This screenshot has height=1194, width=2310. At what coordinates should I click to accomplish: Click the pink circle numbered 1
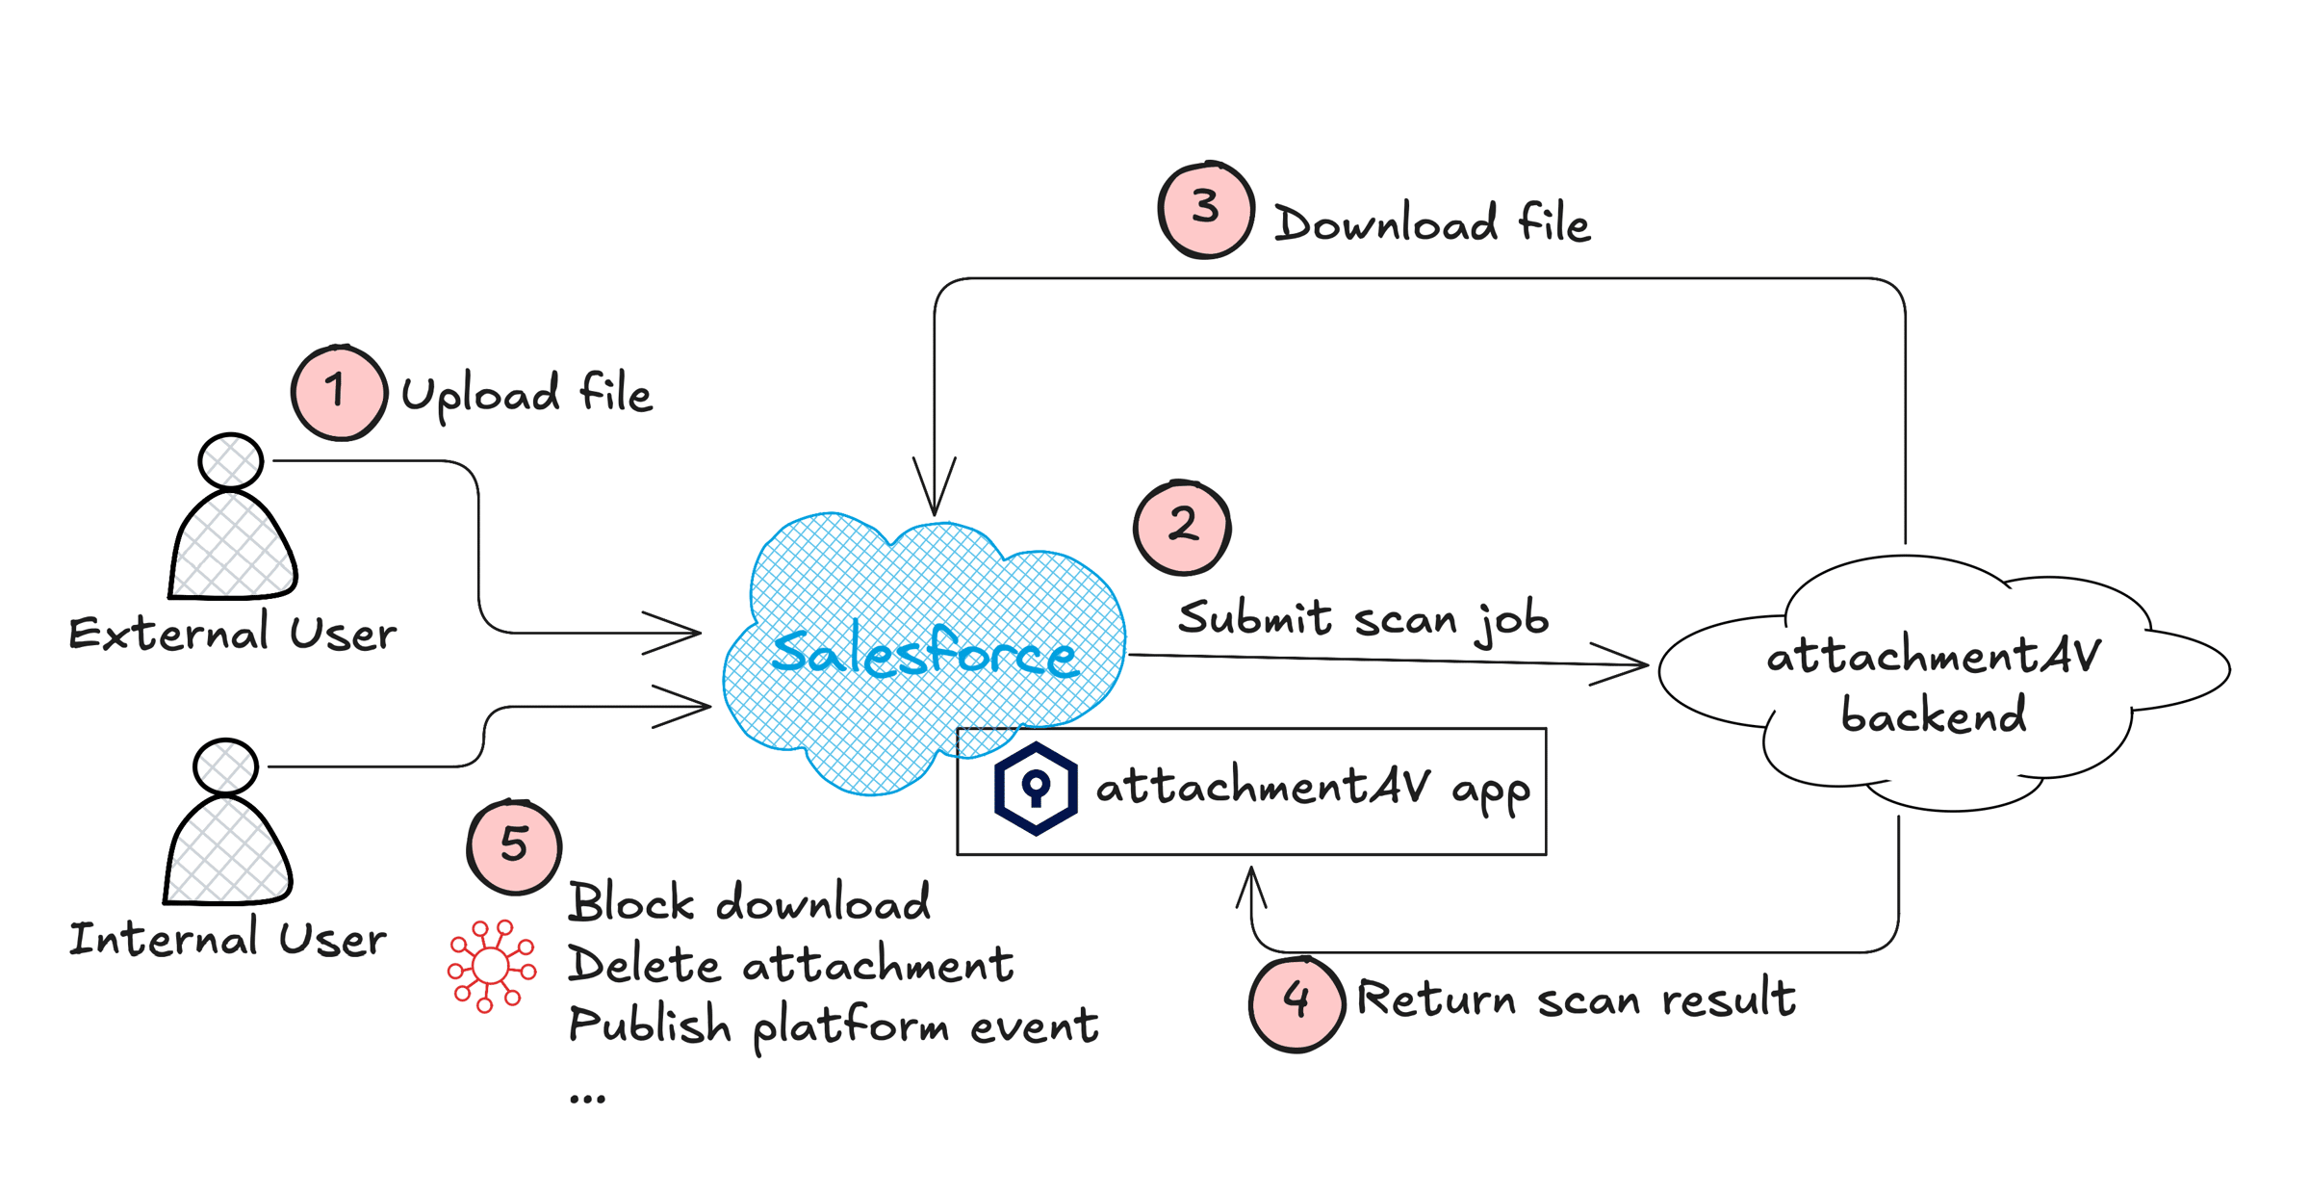pyautogui.click(x=339, y=393)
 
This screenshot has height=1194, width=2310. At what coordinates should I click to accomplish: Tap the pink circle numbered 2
pyautogui.click(x=1182, y=527)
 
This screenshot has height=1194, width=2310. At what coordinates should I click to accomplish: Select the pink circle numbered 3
pyautogui.click(x=1205, y=209)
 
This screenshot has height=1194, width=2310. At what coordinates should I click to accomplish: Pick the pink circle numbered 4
pyautogui.click(x=1296, y=1002)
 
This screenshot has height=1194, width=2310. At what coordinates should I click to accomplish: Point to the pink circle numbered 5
pyautogui.click(x=514, y=846)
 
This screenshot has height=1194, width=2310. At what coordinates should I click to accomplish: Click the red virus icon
pyautogui.click(x=491, y=966)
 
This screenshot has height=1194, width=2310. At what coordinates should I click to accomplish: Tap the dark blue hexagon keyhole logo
pyautogui.click(x=1035, y=788)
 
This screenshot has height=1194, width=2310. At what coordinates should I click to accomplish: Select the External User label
pyautogui.click(x=232, y=634)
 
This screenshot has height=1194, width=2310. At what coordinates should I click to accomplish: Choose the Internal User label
pyautogui.click(x=227, y=938)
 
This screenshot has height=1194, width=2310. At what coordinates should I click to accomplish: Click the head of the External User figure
pyautogui.click(x=230, y=461)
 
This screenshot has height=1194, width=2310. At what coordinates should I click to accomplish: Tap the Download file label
pyautogui.click(x=1432, y=223)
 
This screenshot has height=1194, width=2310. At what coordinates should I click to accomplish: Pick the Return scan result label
pyautogui.click(x=1576, y=998)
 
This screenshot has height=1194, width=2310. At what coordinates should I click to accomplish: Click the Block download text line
pyautogui.click(x=749, y=902)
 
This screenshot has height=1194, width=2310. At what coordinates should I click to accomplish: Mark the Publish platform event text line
pyautogui.click(x=833, y=1026)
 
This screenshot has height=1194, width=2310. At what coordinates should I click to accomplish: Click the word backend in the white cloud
pyautogui.click(x=1933, y=714)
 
